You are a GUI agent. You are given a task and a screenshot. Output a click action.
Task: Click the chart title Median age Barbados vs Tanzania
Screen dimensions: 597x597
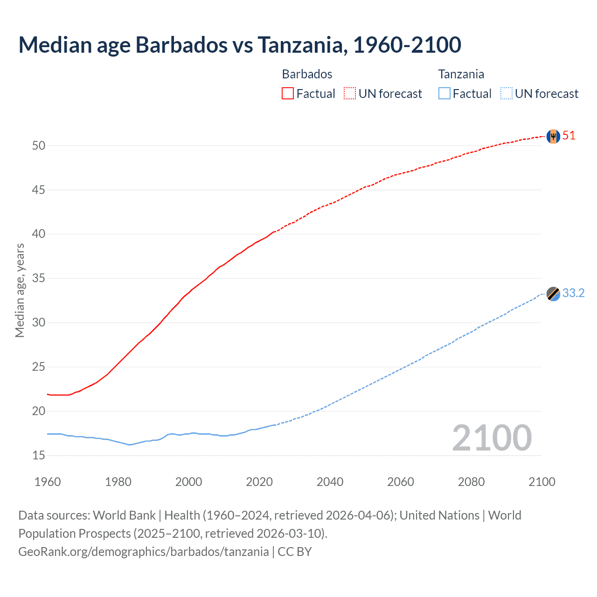coord(240,45)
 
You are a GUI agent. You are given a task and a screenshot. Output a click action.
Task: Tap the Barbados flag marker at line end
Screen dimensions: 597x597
coord(553,136)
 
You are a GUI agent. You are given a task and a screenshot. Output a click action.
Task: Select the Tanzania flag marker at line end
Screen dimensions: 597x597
coord(553,294)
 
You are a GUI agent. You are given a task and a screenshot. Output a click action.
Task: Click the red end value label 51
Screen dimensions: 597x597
coord(569,136)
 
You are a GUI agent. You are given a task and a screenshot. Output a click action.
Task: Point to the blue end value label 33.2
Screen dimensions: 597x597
coord(573,293)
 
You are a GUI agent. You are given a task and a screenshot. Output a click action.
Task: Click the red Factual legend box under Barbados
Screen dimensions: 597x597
coord(288,93)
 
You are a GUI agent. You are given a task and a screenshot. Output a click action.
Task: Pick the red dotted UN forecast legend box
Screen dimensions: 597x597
coord(350,93)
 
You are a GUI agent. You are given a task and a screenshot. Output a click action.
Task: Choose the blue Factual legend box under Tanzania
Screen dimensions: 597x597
coord(444,93)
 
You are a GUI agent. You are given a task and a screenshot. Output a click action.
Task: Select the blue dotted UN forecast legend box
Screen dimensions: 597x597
coord(506,93)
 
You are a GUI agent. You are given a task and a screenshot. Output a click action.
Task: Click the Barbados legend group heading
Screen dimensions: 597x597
coord(307,74)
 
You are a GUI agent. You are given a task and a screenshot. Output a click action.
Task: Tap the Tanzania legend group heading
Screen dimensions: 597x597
coord(461,74)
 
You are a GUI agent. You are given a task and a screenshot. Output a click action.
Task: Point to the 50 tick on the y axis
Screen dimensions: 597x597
coord(39,146)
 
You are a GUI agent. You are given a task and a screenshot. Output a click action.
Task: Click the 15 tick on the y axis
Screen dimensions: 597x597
coord(39,455)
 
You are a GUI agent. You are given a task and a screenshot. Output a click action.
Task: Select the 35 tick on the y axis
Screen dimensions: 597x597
coord(39,278)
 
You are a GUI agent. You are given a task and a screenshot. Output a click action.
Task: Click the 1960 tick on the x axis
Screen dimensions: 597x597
coord(48,482)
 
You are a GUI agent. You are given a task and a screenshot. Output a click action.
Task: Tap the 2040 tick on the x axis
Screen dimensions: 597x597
coord(330,482)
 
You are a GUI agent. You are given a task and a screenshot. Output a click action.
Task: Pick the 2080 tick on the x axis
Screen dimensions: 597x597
coord(471,482)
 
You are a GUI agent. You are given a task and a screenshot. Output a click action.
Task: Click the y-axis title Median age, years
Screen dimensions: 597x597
coord(20,290)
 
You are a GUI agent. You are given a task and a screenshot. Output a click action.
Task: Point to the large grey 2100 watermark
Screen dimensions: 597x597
coord(492,437)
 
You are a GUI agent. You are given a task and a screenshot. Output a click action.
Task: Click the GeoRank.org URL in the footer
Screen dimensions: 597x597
coord(143,552)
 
